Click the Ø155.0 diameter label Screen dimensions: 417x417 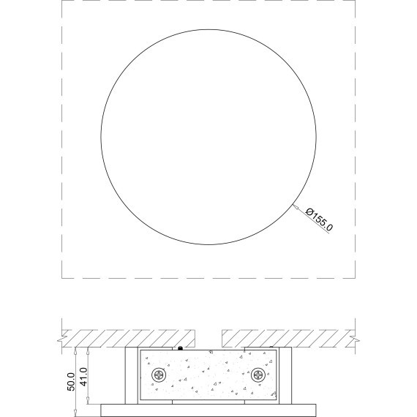320,219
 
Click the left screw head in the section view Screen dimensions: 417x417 159,375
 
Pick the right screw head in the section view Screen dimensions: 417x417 258,375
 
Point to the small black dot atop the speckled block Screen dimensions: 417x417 181,347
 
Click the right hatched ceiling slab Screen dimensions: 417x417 285,339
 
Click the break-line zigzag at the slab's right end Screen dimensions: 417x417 355,339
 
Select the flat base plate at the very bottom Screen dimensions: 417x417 209,407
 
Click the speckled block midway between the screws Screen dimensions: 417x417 209,375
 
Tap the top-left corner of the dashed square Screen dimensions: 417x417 61,1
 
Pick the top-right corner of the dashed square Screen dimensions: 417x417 354,1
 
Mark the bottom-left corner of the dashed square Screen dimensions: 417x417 61,279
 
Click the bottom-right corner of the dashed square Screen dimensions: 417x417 354,279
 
